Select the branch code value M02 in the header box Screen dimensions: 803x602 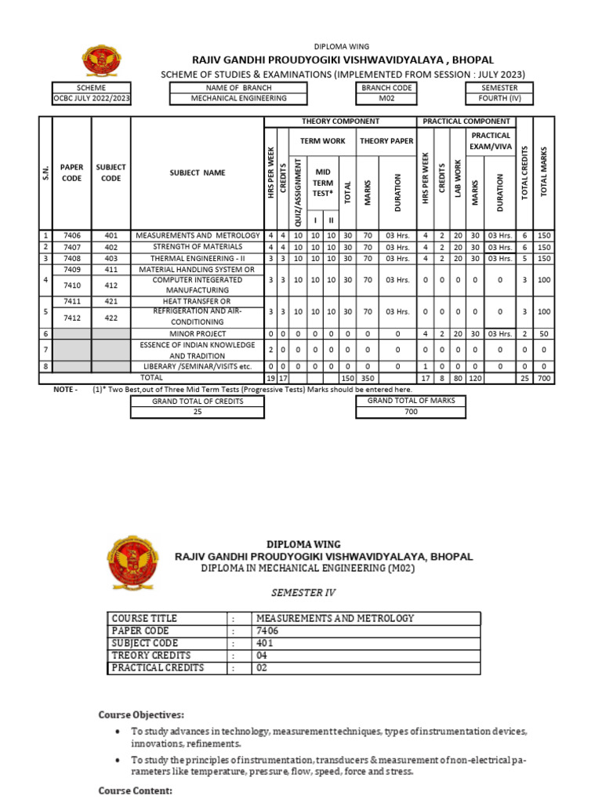coord(386,99)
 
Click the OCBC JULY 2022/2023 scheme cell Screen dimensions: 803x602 coord(92,99)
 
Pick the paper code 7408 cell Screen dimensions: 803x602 coord(71,258)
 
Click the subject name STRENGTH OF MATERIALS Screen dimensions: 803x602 coord(197,247)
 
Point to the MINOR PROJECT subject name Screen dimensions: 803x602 coord(197,333)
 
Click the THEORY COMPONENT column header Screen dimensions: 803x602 coord(340,122)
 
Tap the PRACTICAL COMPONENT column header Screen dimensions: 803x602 coord(466,122)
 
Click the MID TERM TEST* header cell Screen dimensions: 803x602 coord(323,182)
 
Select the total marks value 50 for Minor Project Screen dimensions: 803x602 coord(543,333)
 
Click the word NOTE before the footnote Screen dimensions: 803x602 coord(64,389)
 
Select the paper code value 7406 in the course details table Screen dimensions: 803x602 coord(267,630)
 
